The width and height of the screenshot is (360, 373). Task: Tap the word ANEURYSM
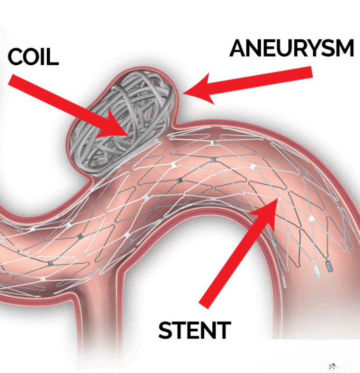pos(291,49)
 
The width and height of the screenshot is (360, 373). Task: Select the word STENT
pos(195,330)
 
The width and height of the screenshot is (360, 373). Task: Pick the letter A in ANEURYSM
pos(239,49)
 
